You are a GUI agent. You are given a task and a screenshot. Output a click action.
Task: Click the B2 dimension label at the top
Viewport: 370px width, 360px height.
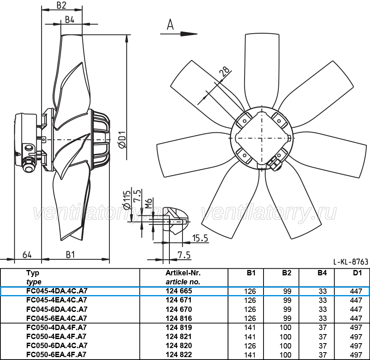click(x=61, y=5)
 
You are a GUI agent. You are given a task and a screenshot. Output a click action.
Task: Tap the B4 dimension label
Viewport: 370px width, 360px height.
click(x=69, y=20)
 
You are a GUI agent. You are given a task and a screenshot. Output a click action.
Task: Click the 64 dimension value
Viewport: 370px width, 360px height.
click(x=27, y=255)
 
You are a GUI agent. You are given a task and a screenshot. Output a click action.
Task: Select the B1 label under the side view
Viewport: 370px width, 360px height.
click(x=70, y=255)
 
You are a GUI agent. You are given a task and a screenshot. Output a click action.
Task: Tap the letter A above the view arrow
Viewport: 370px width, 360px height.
click(x=170, y=25)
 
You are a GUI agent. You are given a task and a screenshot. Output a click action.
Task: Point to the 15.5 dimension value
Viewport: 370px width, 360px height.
click(x=200, y=238)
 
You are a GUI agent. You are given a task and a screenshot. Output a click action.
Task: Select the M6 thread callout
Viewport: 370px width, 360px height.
click(x=148, y=203)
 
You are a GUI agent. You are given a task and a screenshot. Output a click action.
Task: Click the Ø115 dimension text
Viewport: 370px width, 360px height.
click(x=127, y=200)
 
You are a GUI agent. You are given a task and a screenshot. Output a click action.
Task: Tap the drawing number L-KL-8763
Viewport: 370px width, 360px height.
click(x=351, y=262)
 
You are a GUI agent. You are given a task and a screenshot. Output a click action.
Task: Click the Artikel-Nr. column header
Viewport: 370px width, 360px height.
click(x=183, y=273)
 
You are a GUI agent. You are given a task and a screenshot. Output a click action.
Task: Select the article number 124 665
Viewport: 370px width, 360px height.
click(x=179, y=291)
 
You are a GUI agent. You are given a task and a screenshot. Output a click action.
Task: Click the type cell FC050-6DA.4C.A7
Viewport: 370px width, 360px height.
click(x=57, y=345)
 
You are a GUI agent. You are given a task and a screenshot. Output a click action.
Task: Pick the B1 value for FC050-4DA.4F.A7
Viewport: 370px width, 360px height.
click(x=250, y=328)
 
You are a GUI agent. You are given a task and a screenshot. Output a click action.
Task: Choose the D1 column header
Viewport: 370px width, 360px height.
click(x=357, y=273)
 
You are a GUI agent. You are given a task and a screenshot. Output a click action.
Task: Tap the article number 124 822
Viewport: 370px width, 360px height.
click(x=179, y=355)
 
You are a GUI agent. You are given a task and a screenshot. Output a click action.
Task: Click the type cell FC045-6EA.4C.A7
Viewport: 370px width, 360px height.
click(x=57, y=318)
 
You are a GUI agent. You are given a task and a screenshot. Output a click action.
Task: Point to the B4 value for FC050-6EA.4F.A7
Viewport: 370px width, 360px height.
click(x=323, y=355)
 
